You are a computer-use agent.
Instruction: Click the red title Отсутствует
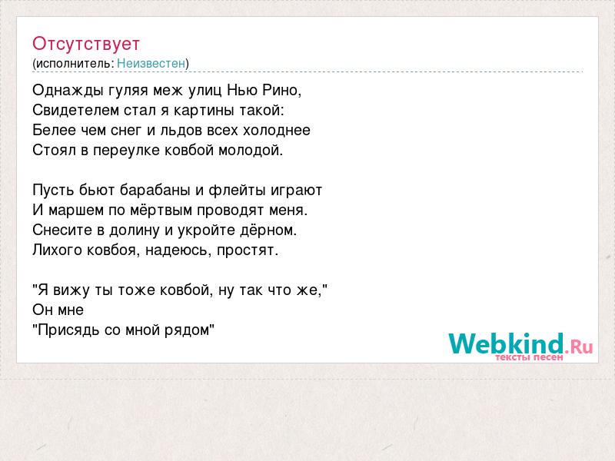pos(86,44)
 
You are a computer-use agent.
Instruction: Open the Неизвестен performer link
pos(151,64)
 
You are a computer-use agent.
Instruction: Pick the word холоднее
pos(277,131)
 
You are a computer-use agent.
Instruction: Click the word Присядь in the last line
pos(66,330)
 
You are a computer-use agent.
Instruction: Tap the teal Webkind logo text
pos(506,343)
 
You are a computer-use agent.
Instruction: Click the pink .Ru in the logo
pos(579,347)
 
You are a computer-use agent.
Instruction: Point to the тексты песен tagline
pos(529,357)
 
